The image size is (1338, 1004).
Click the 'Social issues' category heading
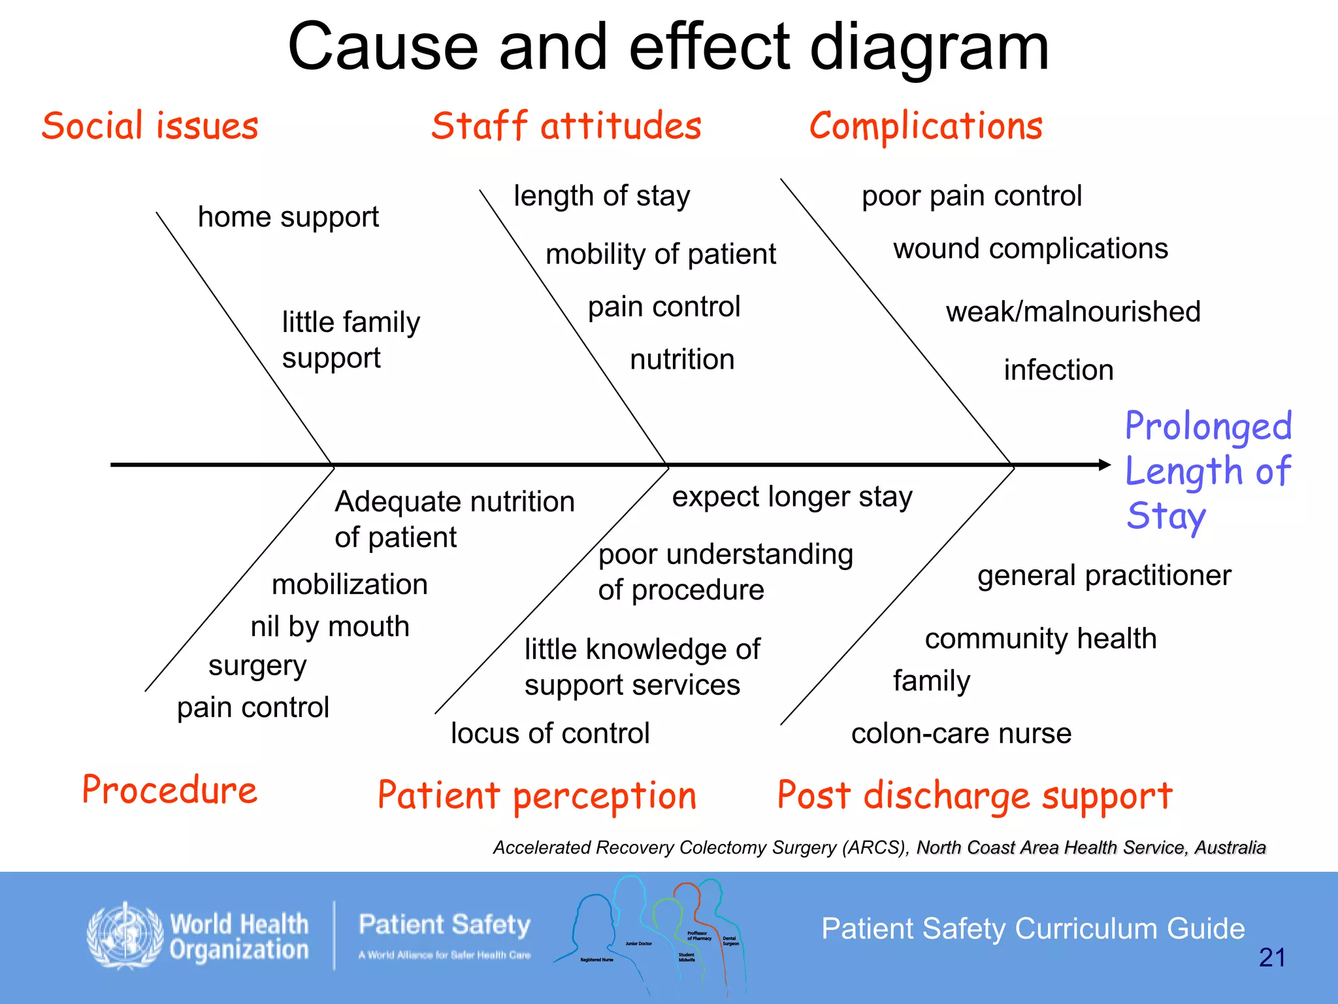(150, 125)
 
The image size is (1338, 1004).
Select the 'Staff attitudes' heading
(566, 125)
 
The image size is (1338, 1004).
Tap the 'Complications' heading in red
(926, 125)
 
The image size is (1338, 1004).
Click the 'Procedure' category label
(169, 790)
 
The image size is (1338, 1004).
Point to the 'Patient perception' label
(537, 796)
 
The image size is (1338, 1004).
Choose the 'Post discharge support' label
(975, 796)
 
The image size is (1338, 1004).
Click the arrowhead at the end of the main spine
(1105, 465)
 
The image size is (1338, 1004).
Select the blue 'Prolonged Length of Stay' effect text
(1208, 471)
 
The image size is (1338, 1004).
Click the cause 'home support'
(288, 217)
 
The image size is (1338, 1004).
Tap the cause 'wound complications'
(1030, 249)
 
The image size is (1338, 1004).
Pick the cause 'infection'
(1058, 370)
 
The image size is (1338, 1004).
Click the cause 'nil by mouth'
(330, 627)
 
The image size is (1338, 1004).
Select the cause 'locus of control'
(550, 733)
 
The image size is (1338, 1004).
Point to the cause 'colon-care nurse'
(961, 733)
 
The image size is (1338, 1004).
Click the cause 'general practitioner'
(1104, 576)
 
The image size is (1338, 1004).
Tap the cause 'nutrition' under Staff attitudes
(682, 360)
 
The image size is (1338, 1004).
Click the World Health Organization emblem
(125, 936)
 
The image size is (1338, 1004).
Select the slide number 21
(1271, 958)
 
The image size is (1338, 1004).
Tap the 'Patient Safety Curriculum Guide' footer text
(1033, 929)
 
